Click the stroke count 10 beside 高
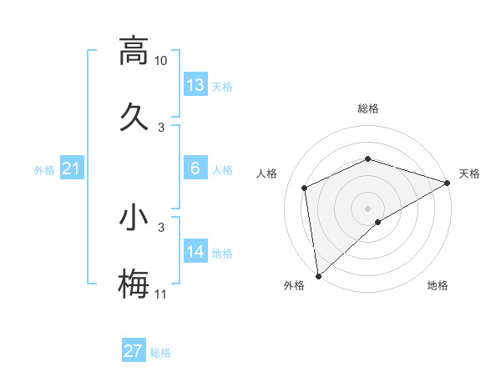tap(160, 61)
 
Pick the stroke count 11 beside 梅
tap(160, 294)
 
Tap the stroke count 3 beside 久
tap(161, 127)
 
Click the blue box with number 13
tap(195, 85)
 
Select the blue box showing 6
tap(195, 168)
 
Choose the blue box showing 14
tap(195, 252)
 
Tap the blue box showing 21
tap(72, 169)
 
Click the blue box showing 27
tap(134, 351)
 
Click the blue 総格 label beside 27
tap(160, 353)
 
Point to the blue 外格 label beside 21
tap(44, 170)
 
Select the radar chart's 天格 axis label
tap(469, 173)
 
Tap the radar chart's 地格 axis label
tap(438, 285)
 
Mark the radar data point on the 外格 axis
tap(317, 276)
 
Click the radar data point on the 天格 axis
tap(448, 183)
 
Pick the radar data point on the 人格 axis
tap(305, 188)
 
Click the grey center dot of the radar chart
tap(367, 208)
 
